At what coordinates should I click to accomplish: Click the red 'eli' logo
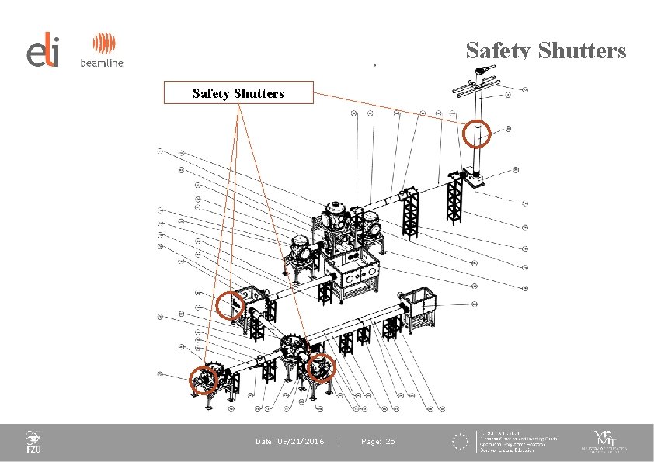[x=42, y=52]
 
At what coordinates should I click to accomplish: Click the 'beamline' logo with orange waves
[x=102, y=51]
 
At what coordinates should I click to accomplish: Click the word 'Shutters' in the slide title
[x=583, y=51]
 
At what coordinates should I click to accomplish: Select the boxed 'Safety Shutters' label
[x=238, y=93]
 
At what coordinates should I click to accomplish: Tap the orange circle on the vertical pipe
[x=478, y=134]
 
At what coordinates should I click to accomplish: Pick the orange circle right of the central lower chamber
[x=320, y=367]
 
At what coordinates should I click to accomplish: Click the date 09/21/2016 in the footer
[x=290, y=442]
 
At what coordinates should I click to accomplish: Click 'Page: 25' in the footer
[x=377, y=442]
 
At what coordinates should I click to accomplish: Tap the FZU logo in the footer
[x=33, y=442]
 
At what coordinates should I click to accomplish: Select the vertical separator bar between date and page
[x=340, y=442]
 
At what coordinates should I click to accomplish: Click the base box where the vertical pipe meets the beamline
[x=471, y=178]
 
